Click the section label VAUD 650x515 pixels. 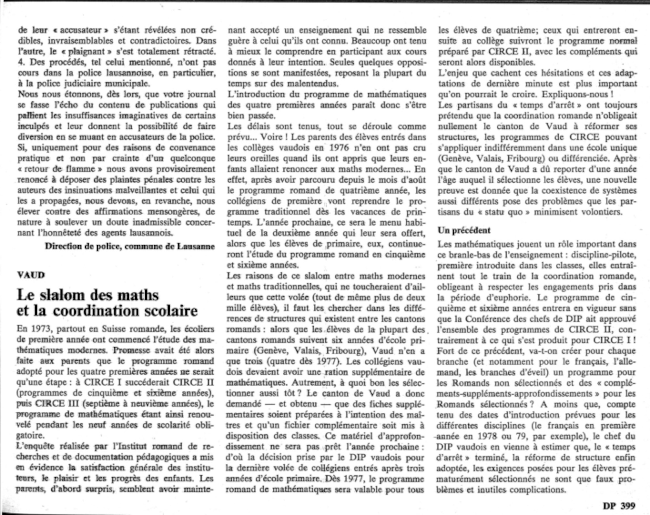click(31, 275)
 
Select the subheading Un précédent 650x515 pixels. click(464, 230)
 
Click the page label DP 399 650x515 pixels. click(619, 506)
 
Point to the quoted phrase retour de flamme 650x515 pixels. click(60, 169)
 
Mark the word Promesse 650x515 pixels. click(132, 350)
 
